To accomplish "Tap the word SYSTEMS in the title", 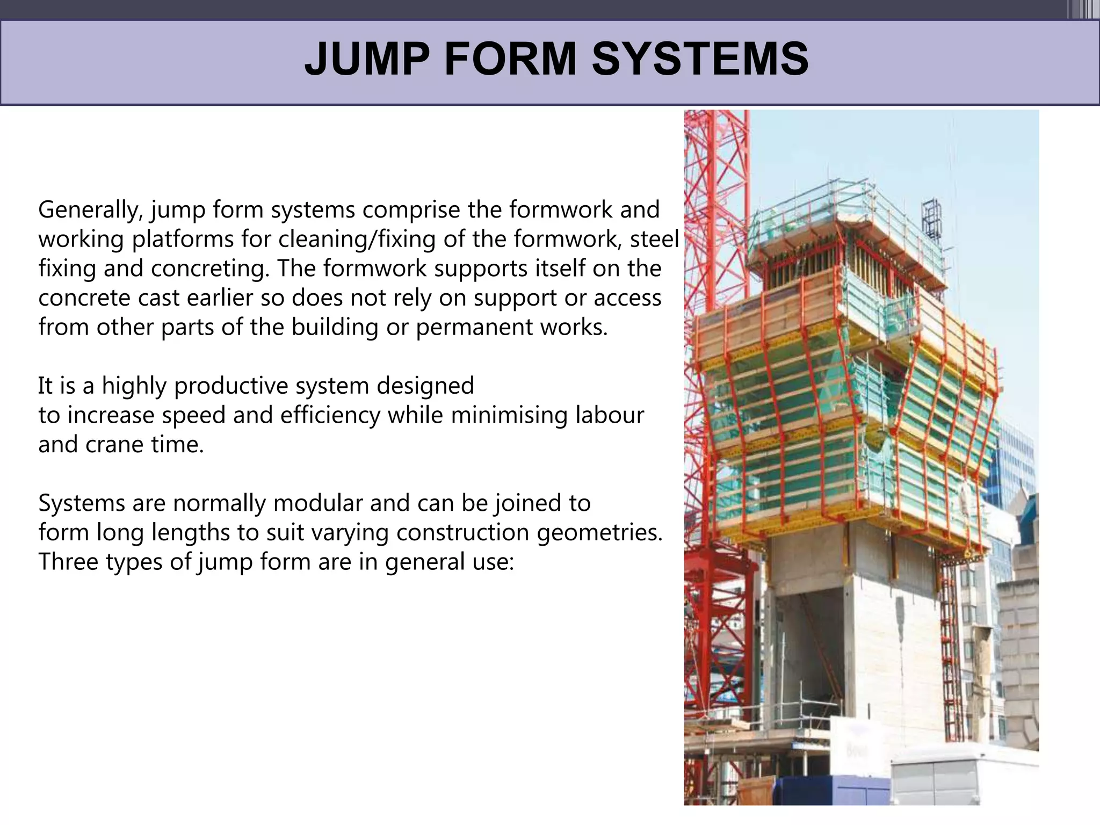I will (x=700, y=59).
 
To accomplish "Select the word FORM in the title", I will (x=510, y=59).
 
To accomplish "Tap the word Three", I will (x=68, y=562).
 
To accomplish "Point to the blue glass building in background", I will (x=1015, y=462).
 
